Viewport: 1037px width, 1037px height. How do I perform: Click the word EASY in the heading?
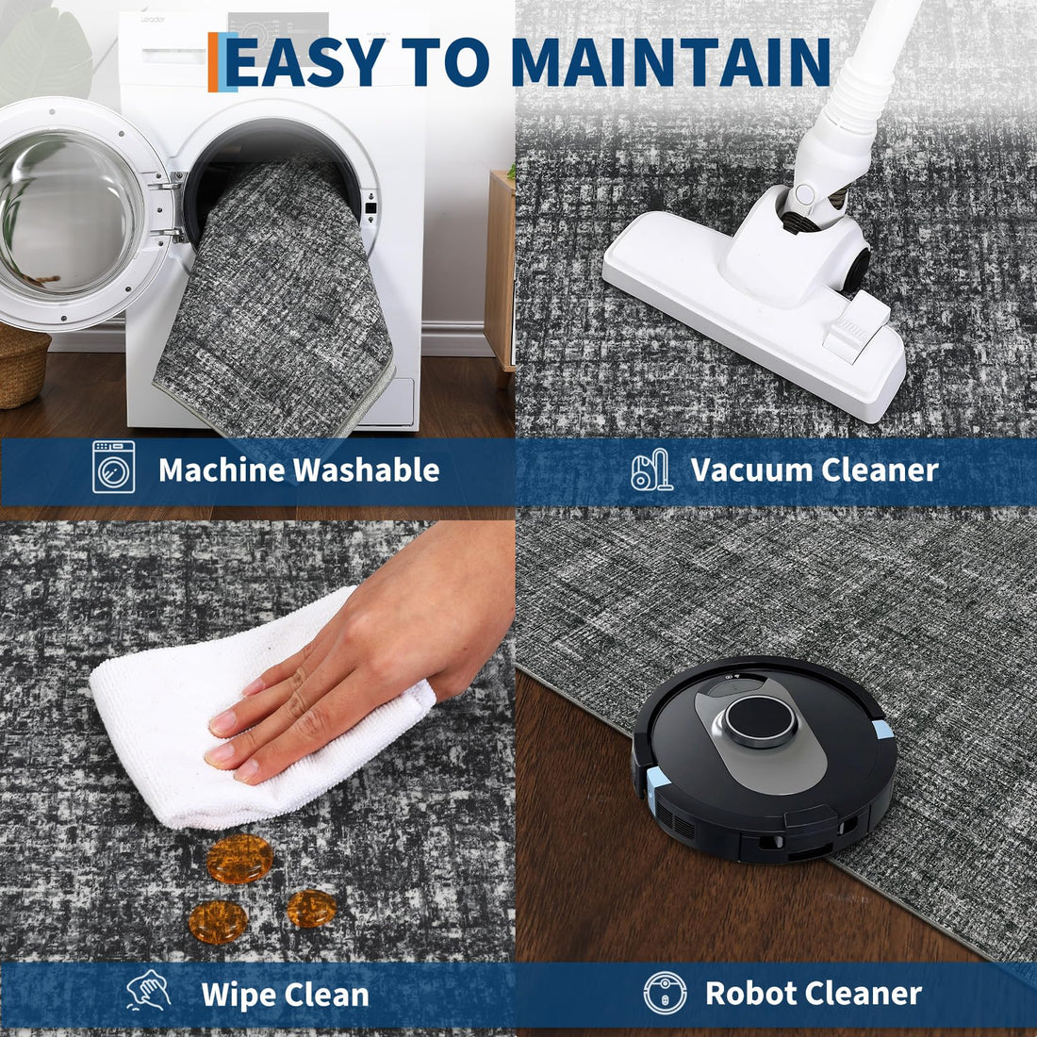tap(305, 61)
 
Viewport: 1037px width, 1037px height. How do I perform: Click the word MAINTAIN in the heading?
tap(670, 61)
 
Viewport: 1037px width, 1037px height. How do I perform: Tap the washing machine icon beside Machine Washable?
tap(114, 467)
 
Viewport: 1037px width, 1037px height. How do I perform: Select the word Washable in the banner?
tap(367, 469)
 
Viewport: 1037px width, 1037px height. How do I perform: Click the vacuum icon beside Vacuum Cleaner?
tap(651, 469)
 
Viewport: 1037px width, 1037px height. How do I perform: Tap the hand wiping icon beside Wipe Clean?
tap(148, 990)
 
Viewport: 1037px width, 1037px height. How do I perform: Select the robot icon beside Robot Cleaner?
tap(665, 993)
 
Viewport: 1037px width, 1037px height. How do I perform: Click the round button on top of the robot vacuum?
tap(760, 721)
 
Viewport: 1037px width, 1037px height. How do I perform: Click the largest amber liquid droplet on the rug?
tap(239, 859)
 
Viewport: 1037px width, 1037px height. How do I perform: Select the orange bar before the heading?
tap(213, 61)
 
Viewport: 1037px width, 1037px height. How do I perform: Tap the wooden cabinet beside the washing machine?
tap(500, 272)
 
